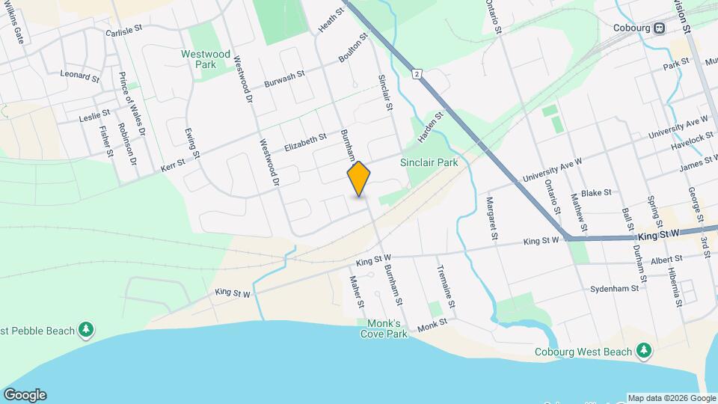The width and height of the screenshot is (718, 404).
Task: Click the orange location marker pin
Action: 359,179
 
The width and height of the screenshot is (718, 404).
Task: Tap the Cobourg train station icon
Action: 659,28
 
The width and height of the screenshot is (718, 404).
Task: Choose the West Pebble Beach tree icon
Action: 88,330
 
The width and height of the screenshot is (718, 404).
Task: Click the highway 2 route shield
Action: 416,73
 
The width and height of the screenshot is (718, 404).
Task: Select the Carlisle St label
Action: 123,32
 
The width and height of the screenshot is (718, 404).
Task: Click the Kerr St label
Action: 173,169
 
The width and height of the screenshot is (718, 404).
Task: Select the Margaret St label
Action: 491,218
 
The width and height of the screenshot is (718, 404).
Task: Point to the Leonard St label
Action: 80,76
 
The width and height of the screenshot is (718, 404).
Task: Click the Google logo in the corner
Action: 25,395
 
